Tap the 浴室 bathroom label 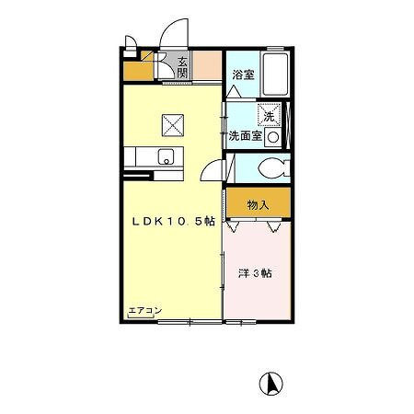click(242, 74)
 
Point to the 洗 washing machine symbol click(270, 116)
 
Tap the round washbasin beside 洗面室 click(273, 136)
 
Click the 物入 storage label click(258, 204)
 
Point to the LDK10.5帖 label click(172, 221)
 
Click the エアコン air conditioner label click(144, 310)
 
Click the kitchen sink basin click(167, 155)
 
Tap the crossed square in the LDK click(172, 122)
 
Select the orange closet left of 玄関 click(138, 68)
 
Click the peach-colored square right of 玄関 click(208, 67)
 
